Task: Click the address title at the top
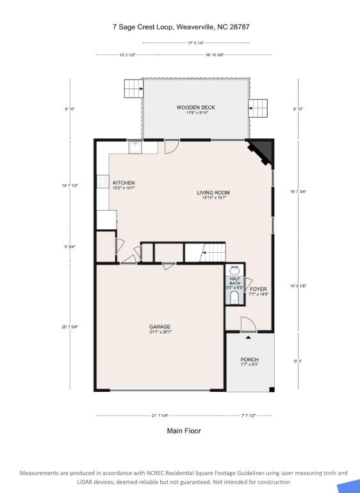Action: [x=180, y=28]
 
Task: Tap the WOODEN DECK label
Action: [x=195, y=108]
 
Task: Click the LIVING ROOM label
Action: [x=213, y=193]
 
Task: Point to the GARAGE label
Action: [x=160, y=327]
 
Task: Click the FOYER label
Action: [x=258, y=289]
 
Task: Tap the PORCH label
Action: [x=249, y=360]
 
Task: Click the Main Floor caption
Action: [x=184, y=431]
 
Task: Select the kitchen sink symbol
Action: [x=135, y=147]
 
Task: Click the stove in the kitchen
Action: [x=102, y=182]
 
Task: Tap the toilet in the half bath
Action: [x=234, y=298]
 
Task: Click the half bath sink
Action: [x=234, y=271]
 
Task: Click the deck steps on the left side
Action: [x=133, y=88]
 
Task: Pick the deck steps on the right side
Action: [x=258, y=109]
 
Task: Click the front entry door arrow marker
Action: [x=249, y=336]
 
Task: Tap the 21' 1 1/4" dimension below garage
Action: [x=160, y=416]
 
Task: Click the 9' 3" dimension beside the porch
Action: [x=297, y=361]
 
